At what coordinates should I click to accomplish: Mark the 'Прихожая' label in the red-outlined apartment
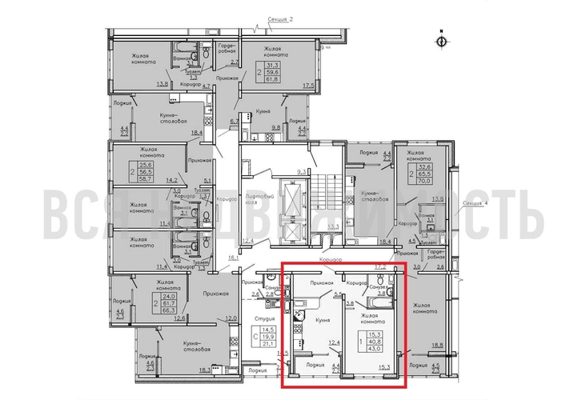tap(321, 282)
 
